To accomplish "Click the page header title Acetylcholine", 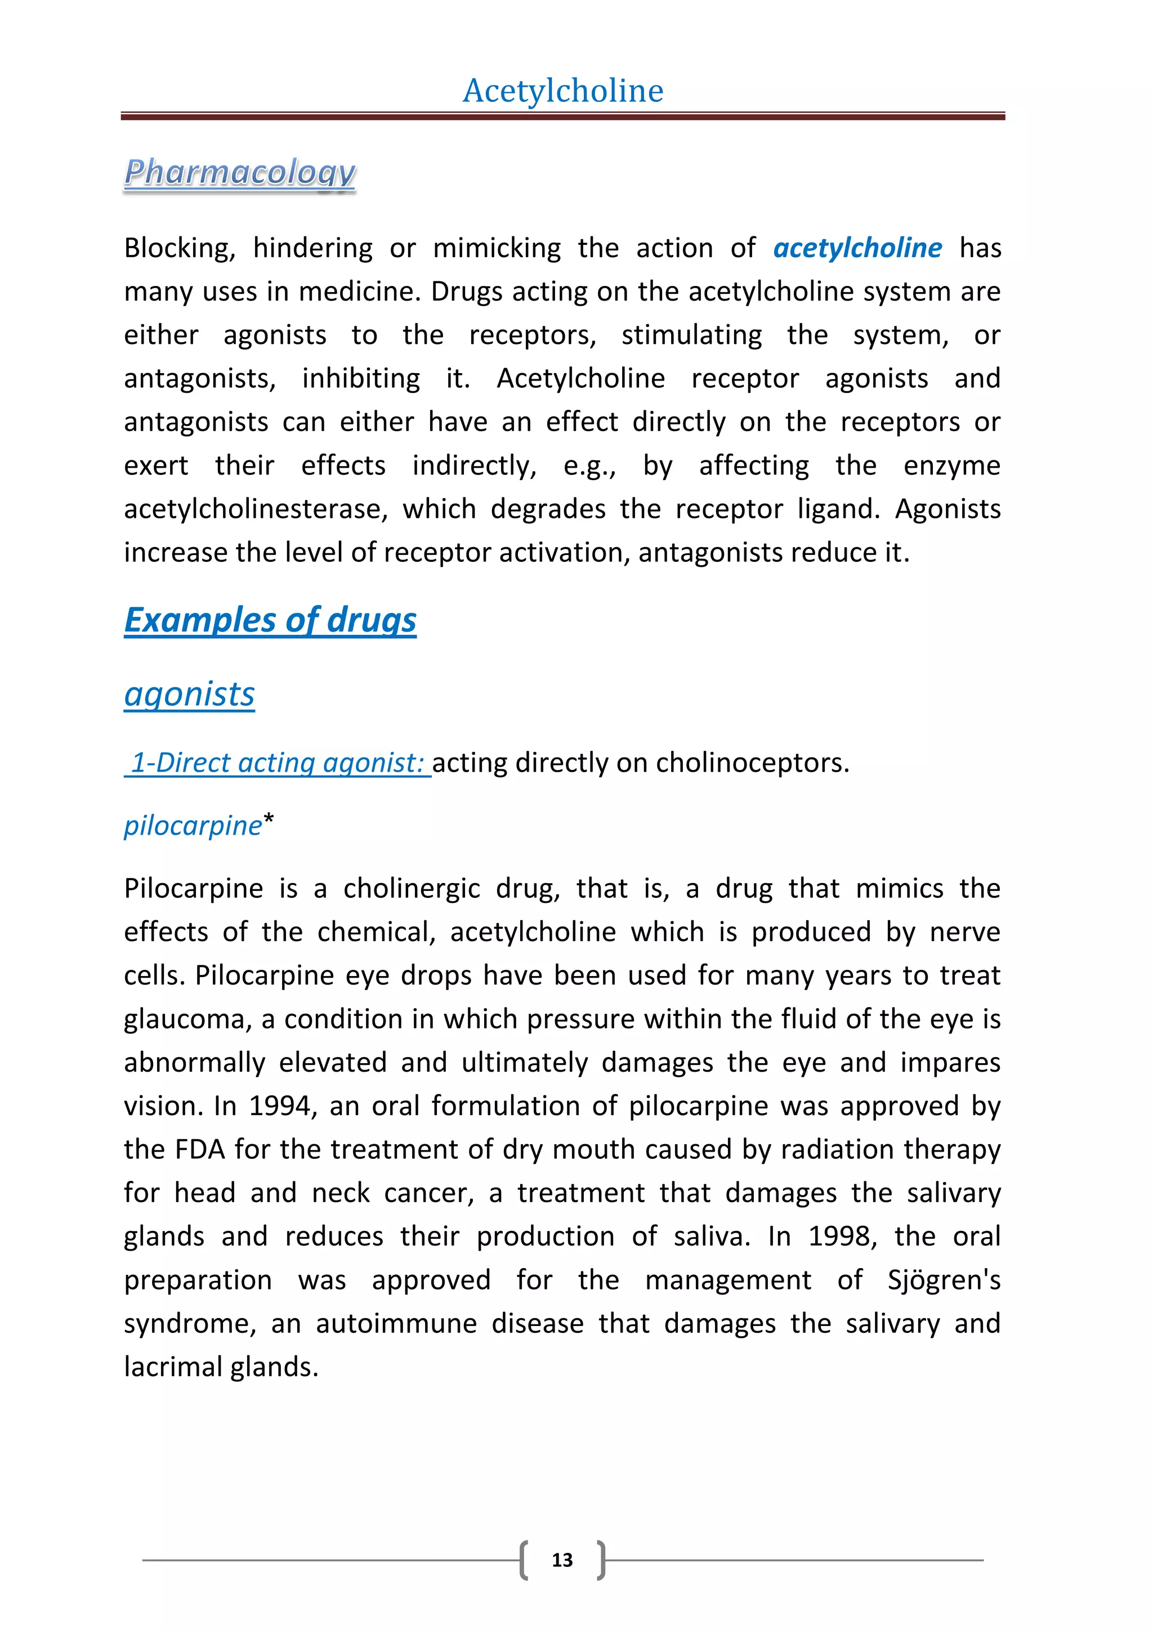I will click(x=562, y=91).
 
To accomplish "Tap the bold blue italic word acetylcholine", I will click(x=857, y=248).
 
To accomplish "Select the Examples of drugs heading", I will click(x=270, y=620).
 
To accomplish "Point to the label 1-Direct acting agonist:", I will click(x=278, y=763).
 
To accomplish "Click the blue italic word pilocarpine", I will click(x=193, y=826).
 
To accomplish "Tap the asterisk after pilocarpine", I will click(x=269, y=820).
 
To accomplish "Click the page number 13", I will click(x=562, y=1560).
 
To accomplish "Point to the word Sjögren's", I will click(x=944, y=1280).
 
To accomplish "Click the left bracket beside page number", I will click(x=524, y=1560).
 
